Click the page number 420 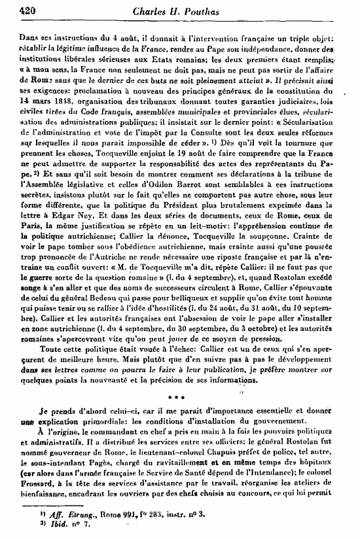(x=12, y=10)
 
